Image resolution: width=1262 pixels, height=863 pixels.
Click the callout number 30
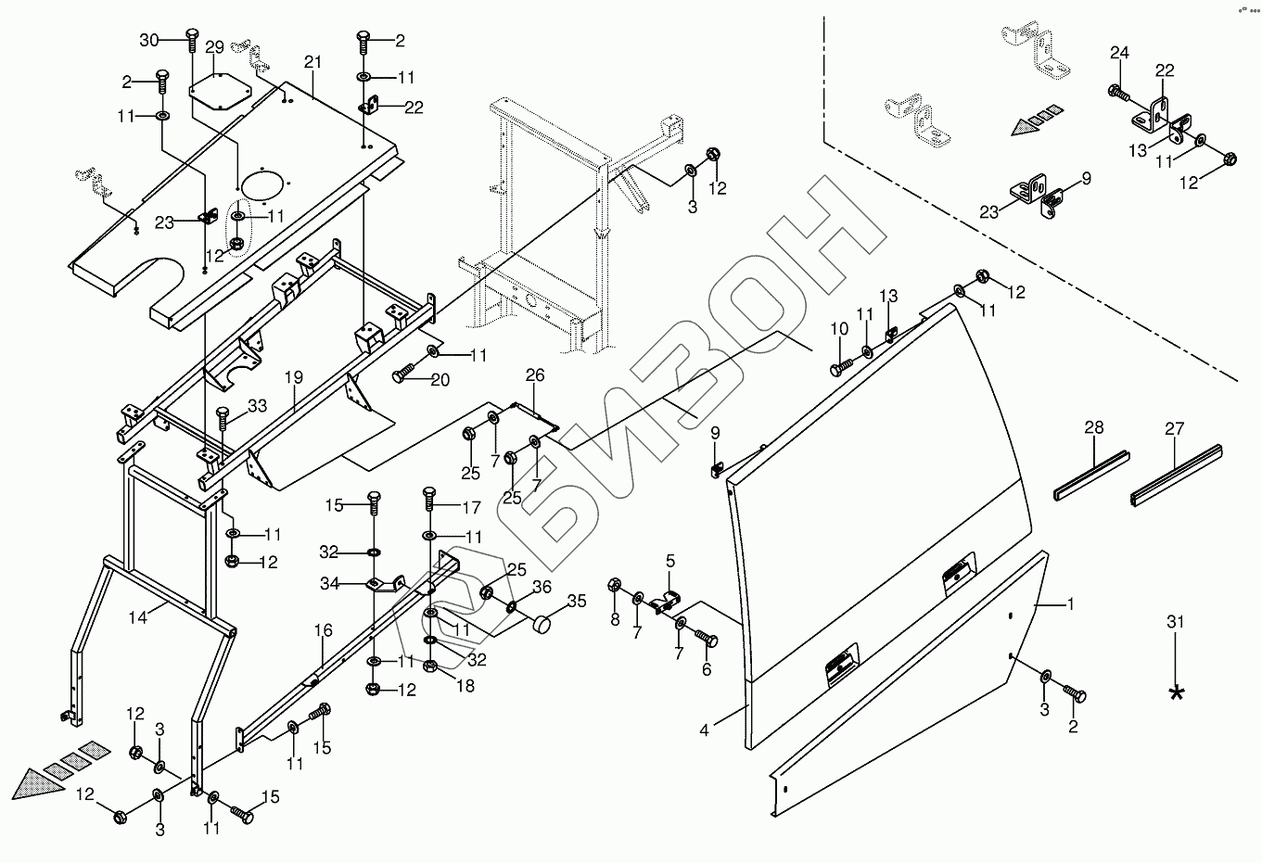(x=150, y=40)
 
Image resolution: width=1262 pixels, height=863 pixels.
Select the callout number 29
(x=214, y=47)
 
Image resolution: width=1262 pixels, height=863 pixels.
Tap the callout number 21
(x=312, y=61)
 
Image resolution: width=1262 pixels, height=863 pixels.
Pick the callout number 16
(x=323, y=631)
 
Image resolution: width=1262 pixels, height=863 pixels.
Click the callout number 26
(x=535, y=375)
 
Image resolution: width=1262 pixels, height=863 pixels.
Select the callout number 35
(x=576, y=601)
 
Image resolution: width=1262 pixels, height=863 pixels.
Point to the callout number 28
(x=1094, y=427)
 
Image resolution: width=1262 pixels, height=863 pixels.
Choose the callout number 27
(x=1175, y=427)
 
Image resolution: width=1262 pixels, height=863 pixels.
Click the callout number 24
(x=1119, y=53)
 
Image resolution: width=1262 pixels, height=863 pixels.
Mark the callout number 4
(x=705, y=730)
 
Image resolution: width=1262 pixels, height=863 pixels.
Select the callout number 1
(x=1070, y=604)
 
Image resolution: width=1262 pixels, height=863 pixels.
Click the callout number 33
(x=257, y=405)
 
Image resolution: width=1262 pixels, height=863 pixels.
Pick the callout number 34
(x=329, y=583)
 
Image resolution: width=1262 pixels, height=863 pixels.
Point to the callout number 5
(x=670, y=561)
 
